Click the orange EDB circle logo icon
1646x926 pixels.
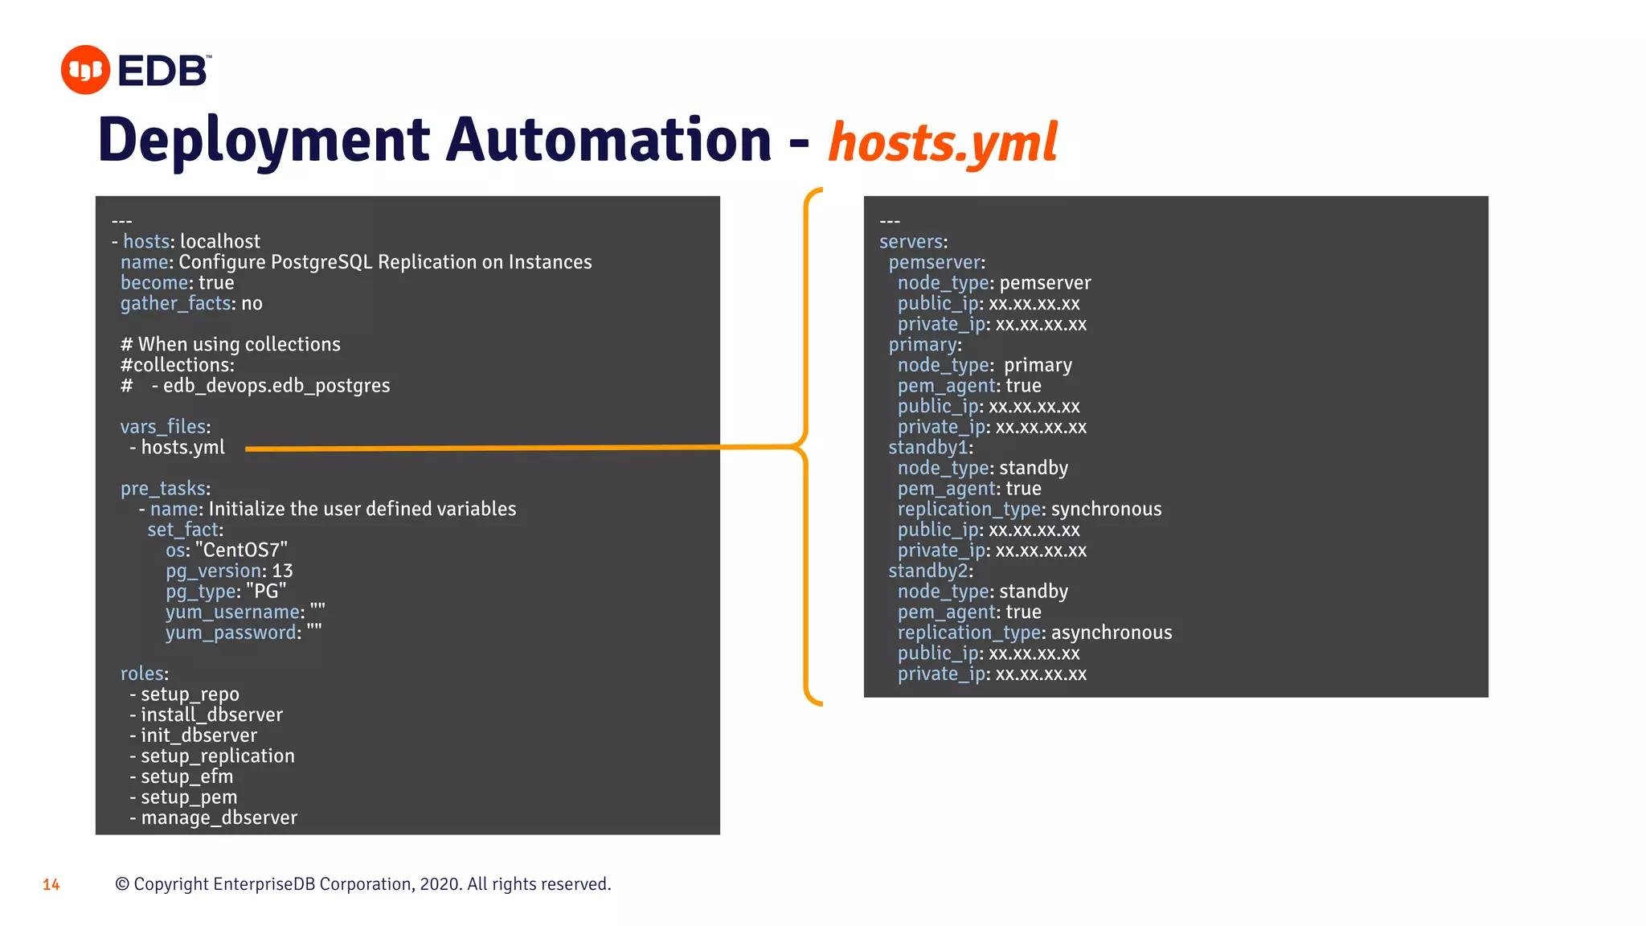(85, 70)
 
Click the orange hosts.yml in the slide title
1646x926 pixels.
(942, 143)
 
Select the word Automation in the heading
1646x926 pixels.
(608, 140)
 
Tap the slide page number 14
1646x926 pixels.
(51, 885)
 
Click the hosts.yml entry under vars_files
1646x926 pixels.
(182, 448)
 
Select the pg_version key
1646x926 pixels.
(213, 572)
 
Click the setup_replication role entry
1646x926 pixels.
(217, 756)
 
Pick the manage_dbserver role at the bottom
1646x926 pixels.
(219, 818)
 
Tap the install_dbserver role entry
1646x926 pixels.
(211, 715)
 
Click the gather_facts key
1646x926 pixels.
(176, 304)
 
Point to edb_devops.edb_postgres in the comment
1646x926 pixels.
(276, 386)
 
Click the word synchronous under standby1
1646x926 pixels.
(1106, 510)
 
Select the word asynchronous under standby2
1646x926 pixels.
(1112, 633)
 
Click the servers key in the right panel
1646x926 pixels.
(911, 242)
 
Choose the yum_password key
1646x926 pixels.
(231, 633)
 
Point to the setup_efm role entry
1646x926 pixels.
(186, 777)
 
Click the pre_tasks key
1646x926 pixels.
(163, 489)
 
